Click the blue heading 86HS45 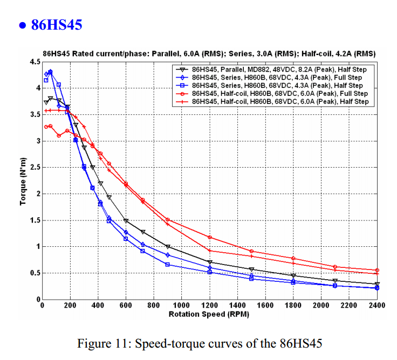56,25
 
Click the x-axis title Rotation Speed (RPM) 209,314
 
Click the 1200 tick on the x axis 209,306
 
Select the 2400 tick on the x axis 377,306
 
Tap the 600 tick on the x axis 126,306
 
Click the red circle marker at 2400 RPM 377,270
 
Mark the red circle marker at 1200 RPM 209,237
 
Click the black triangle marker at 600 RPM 126,221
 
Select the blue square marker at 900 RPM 168,265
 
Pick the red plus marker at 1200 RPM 209,251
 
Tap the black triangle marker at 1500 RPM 251,269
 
